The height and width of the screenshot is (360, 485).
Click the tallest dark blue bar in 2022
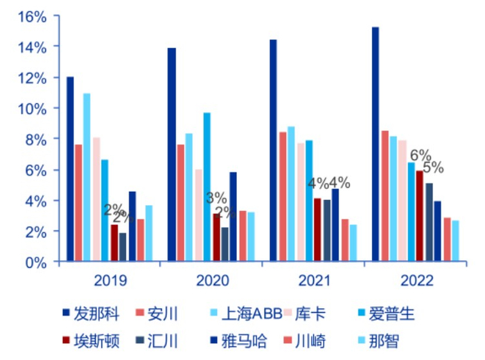coord(376,145)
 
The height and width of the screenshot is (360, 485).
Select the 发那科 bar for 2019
coord(70,170)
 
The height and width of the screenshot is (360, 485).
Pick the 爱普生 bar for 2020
coord(206,187)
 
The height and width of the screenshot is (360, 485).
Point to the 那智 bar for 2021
coord(353,243)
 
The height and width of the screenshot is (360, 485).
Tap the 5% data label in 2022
coord(433,168)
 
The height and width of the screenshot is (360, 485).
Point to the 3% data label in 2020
coord(216,199)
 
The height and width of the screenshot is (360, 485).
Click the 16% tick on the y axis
coord(32,16)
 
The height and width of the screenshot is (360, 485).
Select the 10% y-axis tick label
coord(32,109)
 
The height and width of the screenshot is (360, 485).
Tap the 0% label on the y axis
coord(36,262)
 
